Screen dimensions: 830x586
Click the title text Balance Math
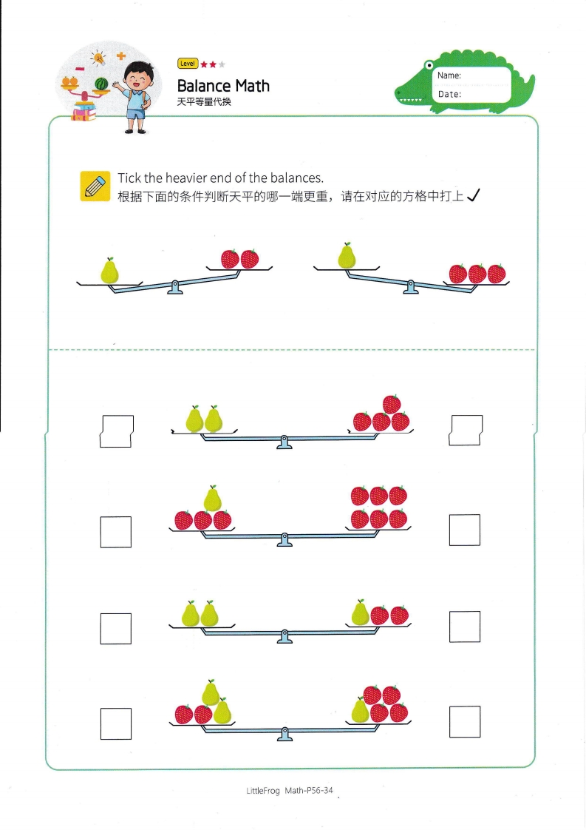[x=223, y=86]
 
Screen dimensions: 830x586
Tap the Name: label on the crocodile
[x=449, y=75]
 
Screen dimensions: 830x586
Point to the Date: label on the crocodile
[x=449, y=94]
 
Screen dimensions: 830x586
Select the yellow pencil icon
[x=95, y=186]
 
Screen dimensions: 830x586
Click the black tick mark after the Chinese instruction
[x=474, y=195]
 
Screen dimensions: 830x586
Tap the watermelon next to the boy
[x=102, y=85]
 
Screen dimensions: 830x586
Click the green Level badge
[x=188, y=64]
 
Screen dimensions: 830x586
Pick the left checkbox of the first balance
[x=116, y=431]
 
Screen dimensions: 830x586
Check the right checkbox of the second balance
[x=465, y=530]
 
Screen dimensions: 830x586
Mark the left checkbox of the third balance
[x=116, y=628]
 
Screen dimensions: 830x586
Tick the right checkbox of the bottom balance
[x=465, y=722]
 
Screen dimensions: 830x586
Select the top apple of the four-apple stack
[x=392, y=405]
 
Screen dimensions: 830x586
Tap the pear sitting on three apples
[x=212, y=499]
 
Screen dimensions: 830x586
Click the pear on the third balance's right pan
[x=360, y=613]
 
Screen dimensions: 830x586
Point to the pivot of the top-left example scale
[x=175, y=286]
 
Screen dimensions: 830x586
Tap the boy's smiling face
[x=137, y=77]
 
